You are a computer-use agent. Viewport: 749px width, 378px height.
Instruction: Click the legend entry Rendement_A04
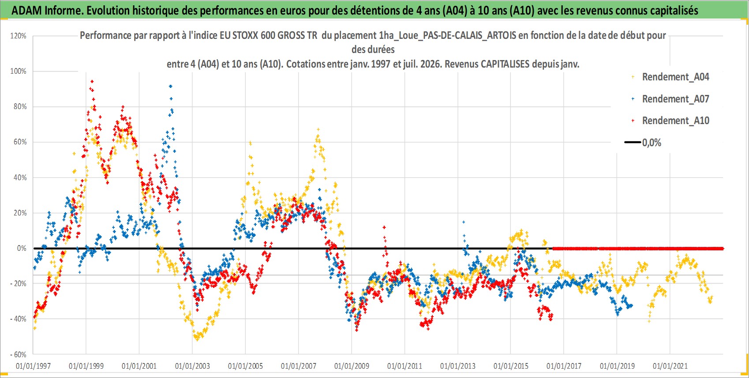[671, 77]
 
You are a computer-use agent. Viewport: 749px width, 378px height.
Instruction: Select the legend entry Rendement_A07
[671, 99]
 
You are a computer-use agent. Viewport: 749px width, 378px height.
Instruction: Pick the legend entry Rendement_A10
[671, 121]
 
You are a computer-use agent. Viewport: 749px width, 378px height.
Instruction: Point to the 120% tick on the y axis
[18, 36]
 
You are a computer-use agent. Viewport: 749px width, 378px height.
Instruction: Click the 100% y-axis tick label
[18, 71]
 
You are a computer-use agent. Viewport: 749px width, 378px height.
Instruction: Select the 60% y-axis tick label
[20, 142]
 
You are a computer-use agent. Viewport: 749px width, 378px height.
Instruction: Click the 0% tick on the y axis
[22, 249]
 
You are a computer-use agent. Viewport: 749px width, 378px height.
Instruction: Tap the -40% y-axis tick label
[18, 319]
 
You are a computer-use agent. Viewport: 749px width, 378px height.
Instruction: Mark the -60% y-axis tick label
[18, 355]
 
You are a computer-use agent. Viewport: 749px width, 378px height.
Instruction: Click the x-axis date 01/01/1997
[33, 366]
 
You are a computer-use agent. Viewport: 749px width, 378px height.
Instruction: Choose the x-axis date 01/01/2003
[192, 366]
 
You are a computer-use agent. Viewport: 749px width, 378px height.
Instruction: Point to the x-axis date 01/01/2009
[352, 366]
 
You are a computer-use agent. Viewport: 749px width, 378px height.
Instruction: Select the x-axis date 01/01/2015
[511, 366]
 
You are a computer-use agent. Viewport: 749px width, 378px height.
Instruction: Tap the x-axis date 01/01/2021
[670, 366]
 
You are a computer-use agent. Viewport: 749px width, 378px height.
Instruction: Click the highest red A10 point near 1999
[92, 81]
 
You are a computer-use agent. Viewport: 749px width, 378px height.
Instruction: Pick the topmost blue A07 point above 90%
[171, 87]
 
